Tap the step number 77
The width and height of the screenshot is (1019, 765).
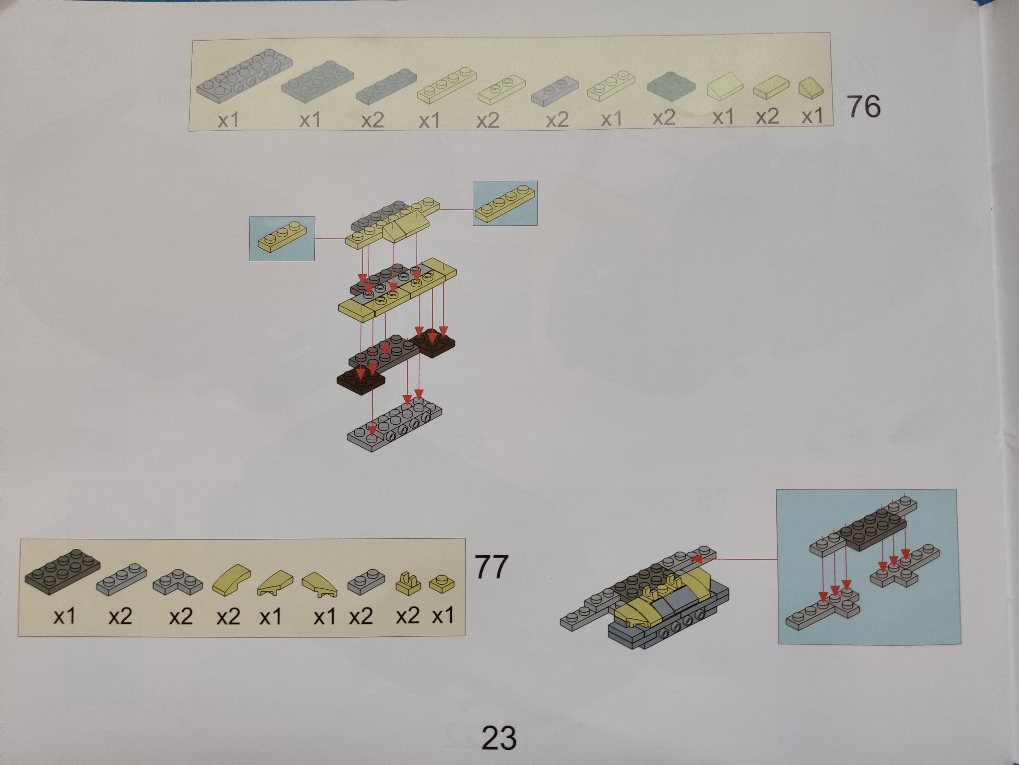(491, 566)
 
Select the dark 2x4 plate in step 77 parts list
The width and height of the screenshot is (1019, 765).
(63, 571)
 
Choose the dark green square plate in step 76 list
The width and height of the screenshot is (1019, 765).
(671, 85)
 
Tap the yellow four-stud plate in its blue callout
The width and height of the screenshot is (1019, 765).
(505, 203)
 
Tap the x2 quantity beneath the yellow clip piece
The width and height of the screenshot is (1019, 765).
(408, 616)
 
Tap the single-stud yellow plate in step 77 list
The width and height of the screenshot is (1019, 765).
(442, 584)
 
